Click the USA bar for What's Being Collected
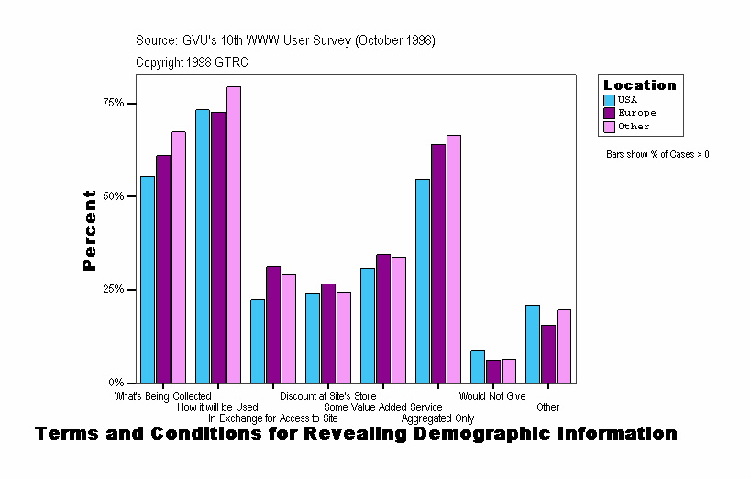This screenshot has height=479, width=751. coord(148,279)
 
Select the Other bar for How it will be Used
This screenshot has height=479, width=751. coord(234,234)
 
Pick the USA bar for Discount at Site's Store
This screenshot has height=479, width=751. coord(313,338)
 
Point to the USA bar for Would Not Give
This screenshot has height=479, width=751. coord(478,366)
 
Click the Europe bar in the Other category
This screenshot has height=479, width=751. coord(548,353)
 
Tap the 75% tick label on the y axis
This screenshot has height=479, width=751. coord(114,103)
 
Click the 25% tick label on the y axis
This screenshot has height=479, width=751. coord(114,289)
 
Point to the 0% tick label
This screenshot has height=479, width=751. coord(116,383)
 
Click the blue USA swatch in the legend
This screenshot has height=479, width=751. coord(609,99)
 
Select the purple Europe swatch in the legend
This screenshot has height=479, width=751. coord(609,113)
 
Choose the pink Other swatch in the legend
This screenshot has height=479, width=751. coord(609,127)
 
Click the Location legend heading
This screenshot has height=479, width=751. coord(639,85)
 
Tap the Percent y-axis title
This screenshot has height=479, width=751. coord(89,230)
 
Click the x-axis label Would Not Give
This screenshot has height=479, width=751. coord(492,396)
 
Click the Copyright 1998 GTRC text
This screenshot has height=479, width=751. coord(192,62)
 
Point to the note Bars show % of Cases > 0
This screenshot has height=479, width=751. coord(657,154)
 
